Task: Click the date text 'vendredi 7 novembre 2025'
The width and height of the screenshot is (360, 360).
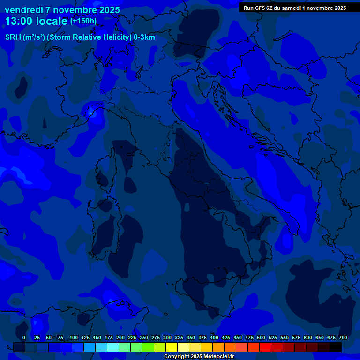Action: [62, 10]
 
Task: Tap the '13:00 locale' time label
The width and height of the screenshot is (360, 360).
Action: [36, 21]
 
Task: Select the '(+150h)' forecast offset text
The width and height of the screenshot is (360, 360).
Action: [83, 21]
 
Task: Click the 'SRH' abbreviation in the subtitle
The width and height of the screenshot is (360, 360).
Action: [13, 37]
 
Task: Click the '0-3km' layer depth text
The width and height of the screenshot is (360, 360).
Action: [144, 37]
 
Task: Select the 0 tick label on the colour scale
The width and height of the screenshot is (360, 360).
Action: [24, 337]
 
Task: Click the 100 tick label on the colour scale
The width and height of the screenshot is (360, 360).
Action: [74, 337]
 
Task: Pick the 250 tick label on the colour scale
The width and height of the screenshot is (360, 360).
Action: [144, 337]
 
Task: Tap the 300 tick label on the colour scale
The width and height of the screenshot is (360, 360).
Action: [167, 337]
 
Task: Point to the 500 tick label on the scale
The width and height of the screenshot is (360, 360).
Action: [261, 337]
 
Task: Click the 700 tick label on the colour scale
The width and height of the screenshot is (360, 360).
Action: [343, 337]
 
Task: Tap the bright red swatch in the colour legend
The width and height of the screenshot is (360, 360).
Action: [265, 347]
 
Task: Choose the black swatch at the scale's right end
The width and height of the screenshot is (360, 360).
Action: [336, 347]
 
